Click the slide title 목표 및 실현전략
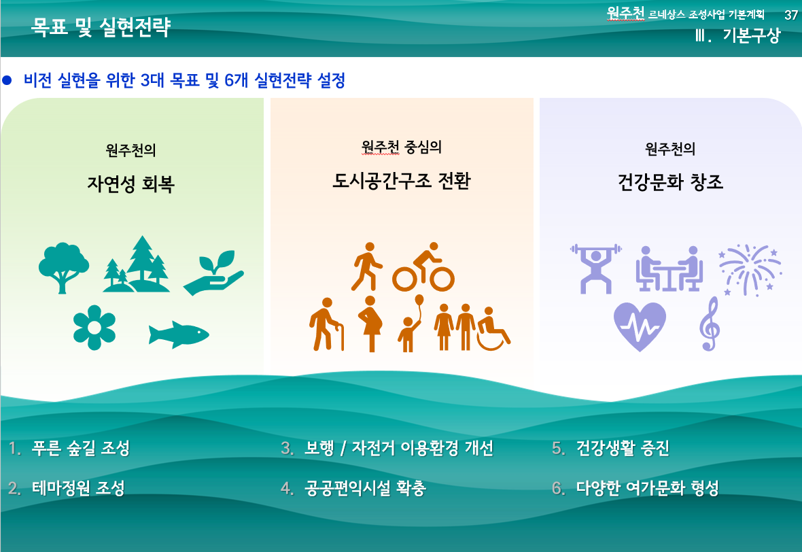pyautogui.click(x=101, y=27)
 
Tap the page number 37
pyautogui.click(x=790, y=15)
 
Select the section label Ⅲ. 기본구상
pyautogui.click(x=737, y=35)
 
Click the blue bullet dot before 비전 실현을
pyautogui.click(x=7, y=80)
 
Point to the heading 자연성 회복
pyautogui.click(x=131, y=184)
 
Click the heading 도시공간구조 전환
pyautogui.click(x=401, y=181)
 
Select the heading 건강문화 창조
pyautogui.click(x=671, y=182)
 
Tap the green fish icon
pyautogui.click(x=179, y=334)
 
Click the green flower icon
pyautogui.click(x=94, y=328)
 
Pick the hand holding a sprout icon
pyautogui.click(x=213, y=273)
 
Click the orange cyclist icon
pyautogui.click(x=423, y=267)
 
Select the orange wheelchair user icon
pyautogui.click(x=493, y=329)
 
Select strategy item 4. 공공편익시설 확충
pyautogui.click(x=353, y=488)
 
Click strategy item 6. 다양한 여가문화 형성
pyautogui.click(x=635, y=488)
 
